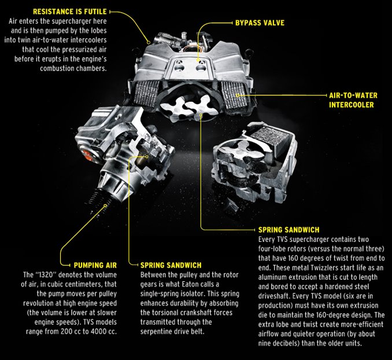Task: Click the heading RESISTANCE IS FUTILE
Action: (x=70, y=12)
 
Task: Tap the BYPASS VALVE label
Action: (x=260, y=23)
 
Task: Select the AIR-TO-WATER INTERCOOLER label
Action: (x=353, y=100)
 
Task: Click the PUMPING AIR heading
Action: (x=95, y=265)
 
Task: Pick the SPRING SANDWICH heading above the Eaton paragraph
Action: (x=171, y=265)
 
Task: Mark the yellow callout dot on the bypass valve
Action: (x=198, y=60)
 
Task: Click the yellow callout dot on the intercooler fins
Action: (x=238, y=95)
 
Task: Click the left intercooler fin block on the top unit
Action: (x=146, y=93)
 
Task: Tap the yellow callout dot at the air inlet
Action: (x=149, y=42)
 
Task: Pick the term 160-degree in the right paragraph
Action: (x=356, y=315)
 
